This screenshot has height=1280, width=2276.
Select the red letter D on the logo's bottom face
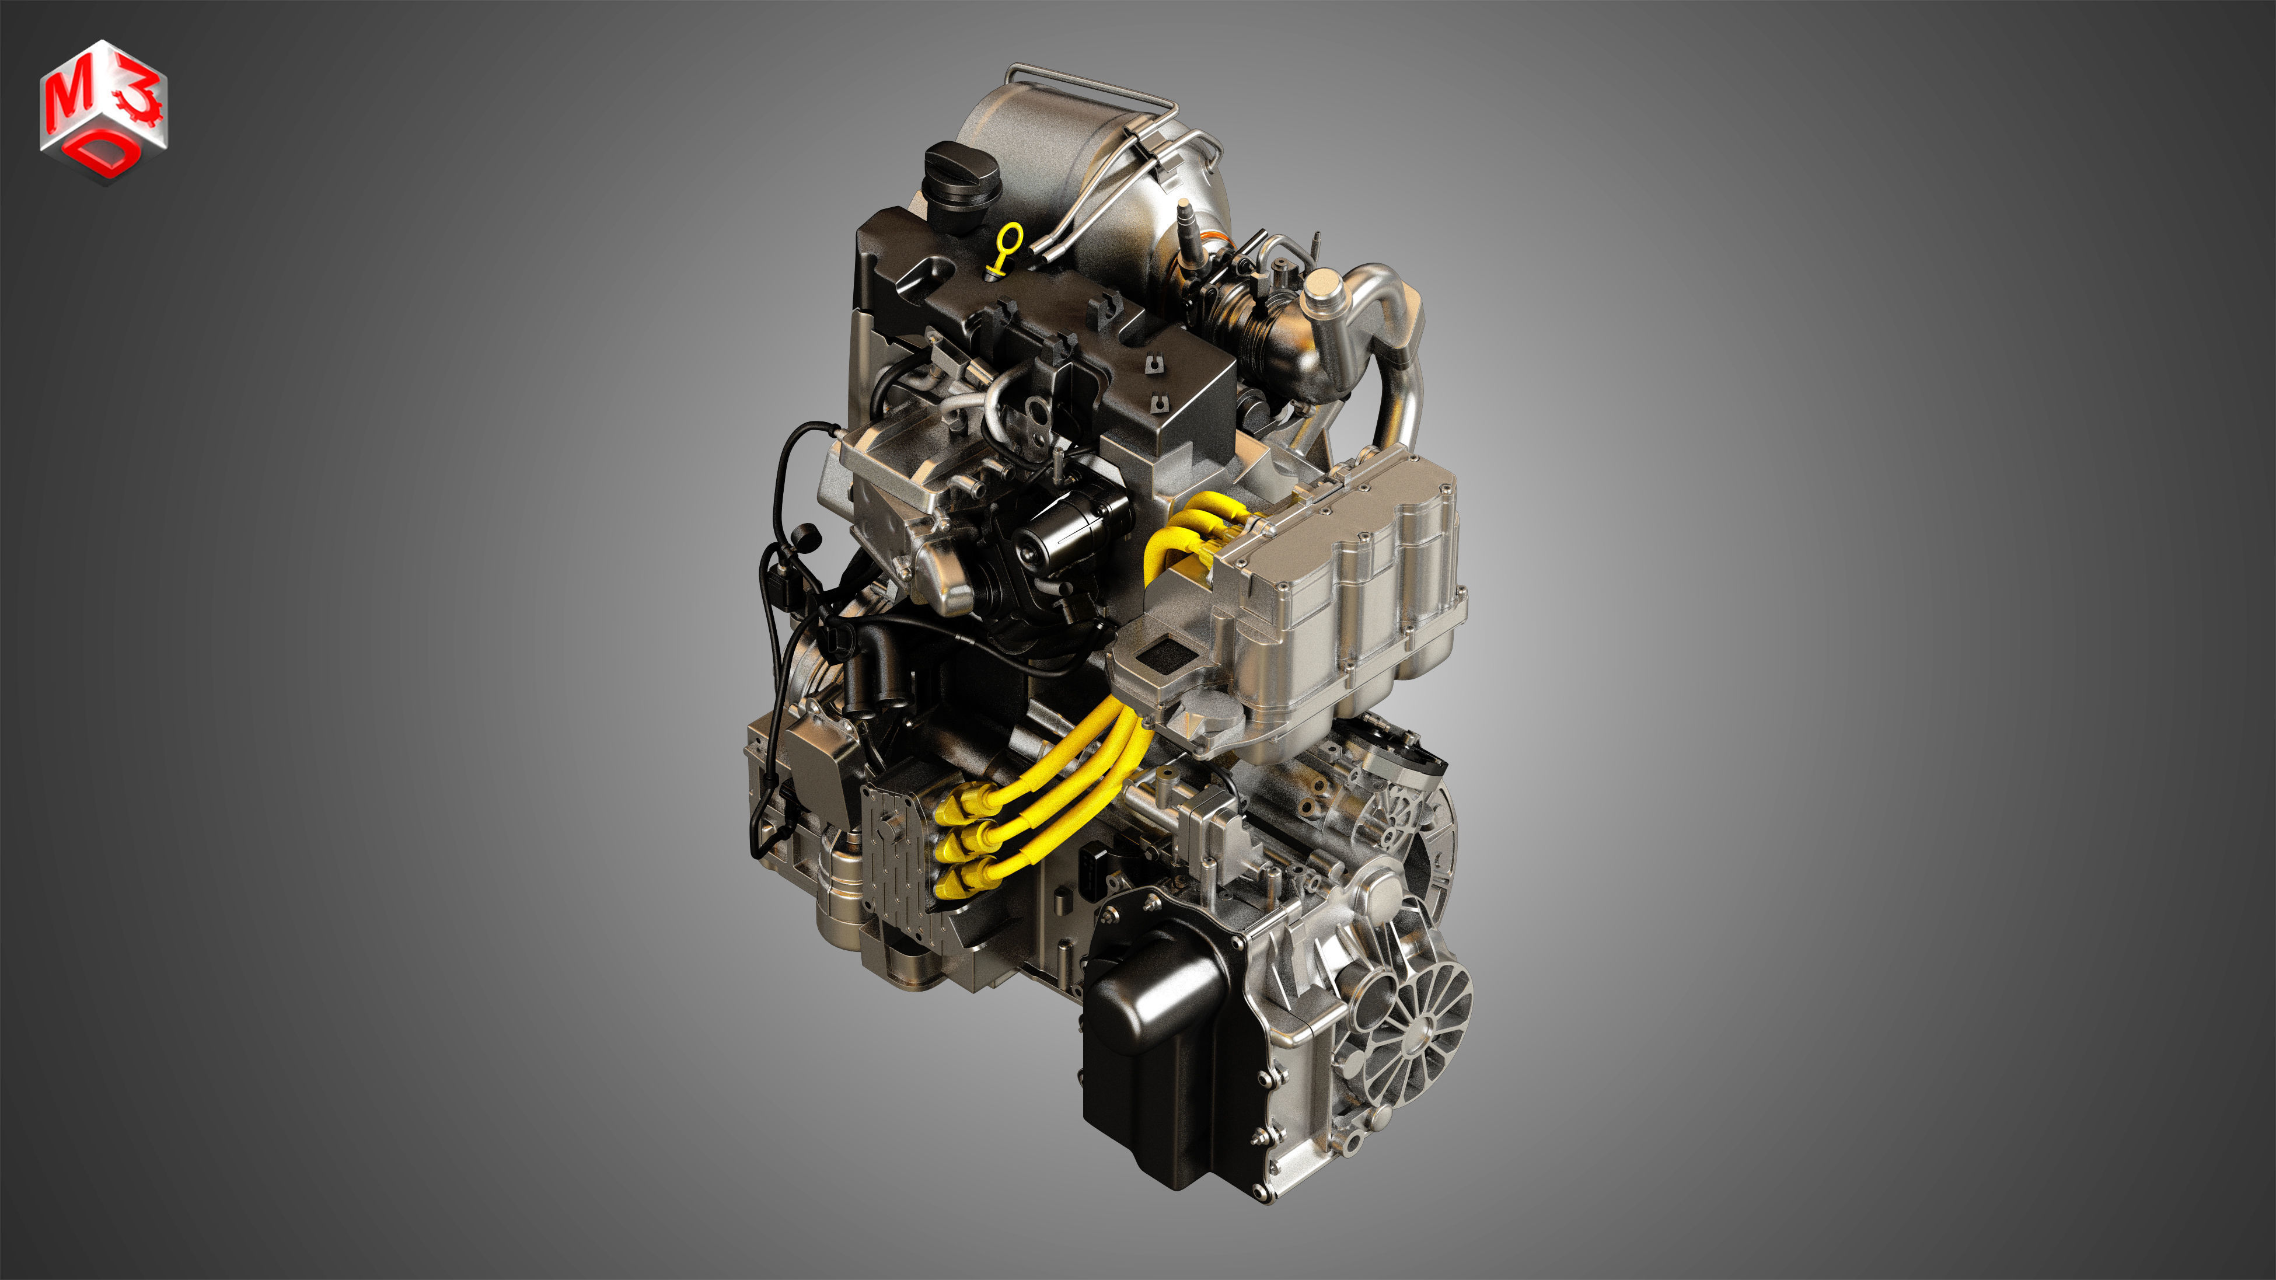[105, 157]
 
